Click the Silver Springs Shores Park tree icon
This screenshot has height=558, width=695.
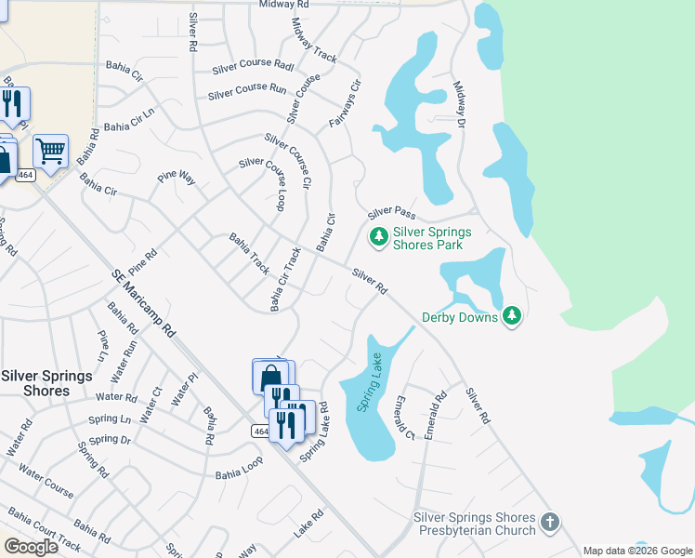378,237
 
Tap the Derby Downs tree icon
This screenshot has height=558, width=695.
512,317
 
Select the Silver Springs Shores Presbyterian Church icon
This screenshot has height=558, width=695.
549,523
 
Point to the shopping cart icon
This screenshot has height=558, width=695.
50,150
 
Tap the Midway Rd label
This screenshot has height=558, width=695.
284,5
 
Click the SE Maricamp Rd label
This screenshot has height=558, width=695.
144,303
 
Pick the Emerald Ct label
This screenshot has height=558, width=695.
403,418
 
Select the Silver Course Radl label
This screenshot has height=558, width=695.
253,66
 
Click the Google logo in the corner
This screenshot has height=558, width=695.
31,547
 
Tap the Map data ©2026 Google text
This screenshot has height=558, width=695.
636,551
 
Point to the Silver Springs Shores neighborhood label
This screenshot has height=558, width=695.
46,383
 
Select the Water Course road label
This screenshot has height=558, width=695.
46,483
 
